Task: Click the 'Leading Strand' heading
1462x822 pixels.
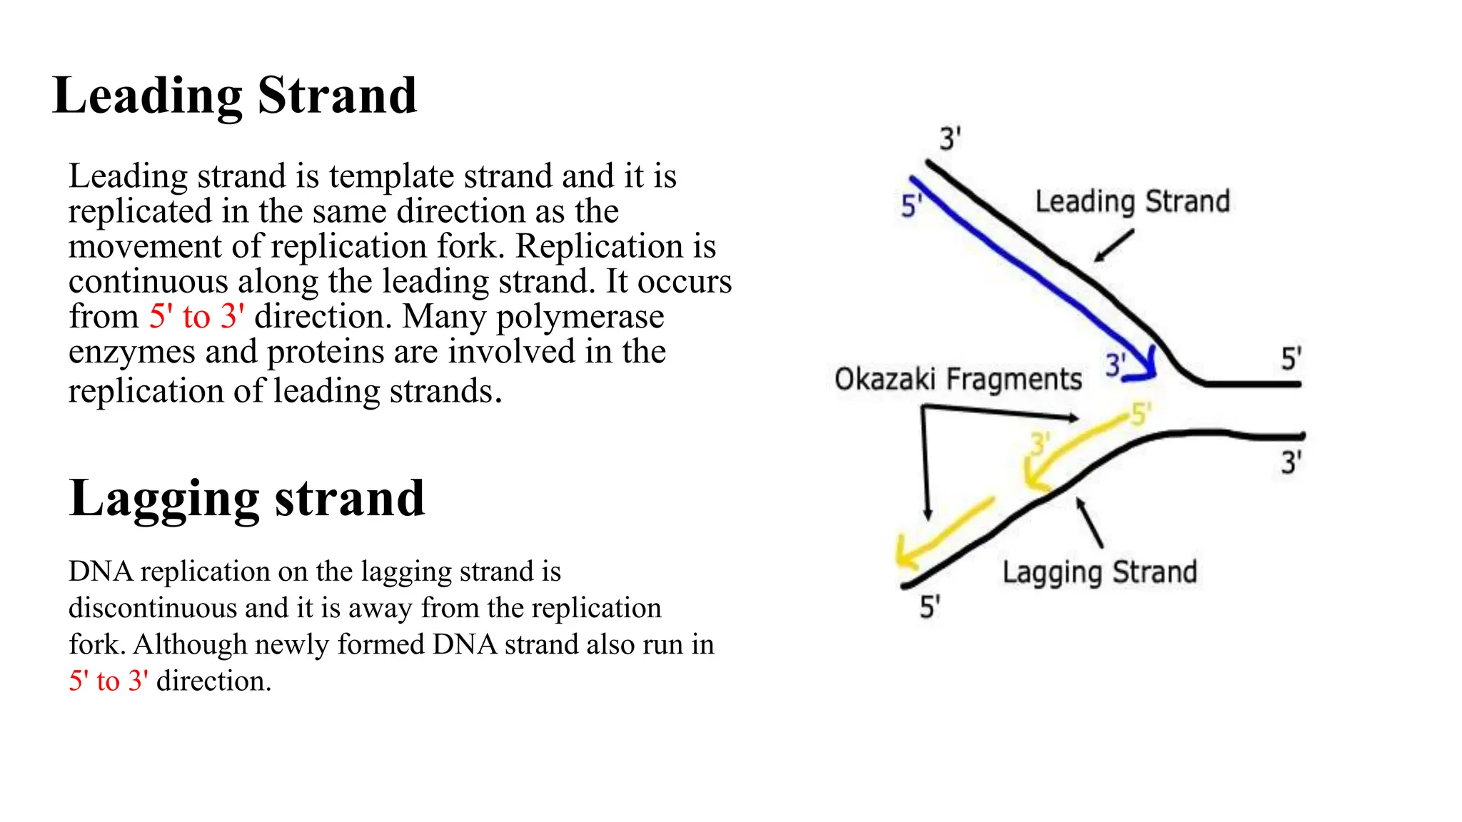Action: [x=235, y=96]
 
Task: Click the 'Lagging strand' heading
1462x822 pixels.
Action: [x=247, y=499]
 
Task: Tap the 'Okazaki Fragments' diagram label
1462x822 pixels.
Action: [x=958, y=380]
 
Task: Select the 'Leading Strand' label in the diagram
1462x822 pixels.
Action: [x=1132, y=202]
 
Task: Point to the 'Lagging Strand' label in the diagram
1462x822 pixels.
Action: [x=1099, y=572]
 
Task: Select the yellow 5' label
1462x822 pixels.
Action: [x=1141, y=414]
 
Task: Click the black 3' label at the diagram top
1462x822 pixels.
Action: [x=950, y=138]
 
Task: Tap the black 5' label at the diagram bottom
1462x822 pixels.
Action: [x=929, y=607]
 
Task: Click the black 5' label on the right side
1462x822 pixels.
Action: [x=1291, y=359]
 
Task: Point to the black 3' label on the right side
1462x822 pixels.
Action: [x=1291, y=463]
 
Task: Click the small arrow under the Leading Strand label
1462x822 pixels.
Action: [x=1113, y=246]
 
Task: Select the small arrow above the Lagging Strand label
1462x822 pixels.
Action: [x=1089, y=522]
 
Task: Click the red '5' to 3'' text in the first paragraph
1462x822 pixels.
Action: [x=196, y=316]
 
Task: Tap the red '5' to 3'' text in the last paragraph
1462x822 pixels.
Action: [x=109, y=681]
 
